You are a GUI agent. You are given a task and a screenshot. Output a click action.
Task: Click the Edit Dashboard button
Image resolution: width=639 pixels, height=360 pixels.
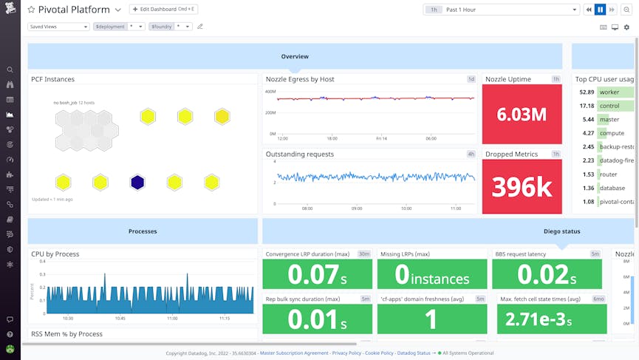(x=163, y=10)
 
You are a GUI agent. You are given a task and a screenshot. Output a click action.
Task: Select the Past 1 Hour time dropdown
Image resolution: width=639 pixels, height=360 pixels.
(x=502, y=10)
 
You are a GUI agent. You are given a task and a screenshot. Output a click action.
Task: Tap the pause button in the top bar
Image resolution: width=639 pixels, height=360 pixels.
(x=600, y=10)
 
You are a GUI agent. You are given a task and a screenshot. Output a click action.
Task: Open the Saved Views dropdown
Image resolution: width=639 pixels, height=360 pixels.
(x=58, y=27)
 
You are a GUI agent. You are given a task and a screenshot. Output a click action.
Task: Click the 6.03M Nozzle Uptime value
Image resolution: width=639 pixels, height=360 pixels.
(x=522, y=115)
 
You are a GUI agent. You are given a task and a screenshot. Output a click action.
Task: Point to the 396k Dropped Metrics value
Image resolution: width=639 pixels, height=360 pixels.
(x=522, y=188)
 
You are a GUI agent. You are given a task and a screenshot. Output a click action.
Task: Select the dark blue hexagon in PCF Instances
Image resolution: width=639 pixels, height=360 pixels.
(x=137, y=182)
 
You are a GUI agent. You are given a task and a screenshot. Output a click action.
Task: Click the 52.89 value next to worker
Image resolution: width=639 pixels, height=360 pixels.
(x=587, y=92)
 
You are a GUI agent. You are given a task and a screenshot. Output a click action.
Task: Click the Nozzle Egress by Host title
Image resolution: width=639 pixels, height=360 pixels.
(x=300, y=79)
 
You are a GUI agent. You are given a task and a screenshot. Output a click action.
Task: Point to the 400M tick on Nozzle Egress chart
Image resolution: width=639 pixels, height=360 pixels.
(x=270, y=92)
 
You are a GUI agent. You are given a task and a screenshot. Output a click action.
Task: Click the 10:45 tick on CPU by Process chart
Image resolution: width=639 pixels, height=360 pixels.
(x=119, y=319)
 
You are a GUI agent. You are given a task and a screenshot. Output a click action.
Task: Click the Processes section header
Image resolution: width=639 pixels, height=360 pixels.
(x=143, y=231)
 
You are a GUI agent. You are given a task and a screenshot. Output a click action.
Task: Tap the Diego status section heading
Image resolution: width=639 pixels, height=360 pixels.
(x=561, y=231)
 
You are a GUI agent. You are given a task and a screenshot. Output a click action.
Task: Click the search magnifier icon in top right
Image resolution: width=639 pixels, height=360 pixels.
(x=626, y=10)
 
